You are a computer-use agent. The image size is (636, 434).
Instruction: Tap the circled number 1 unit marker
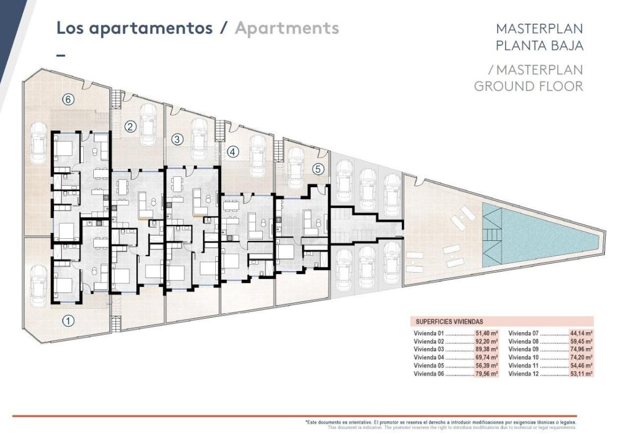(67, 320)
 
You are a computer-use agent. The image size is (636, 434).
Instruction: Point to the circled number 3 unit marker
(178, 140)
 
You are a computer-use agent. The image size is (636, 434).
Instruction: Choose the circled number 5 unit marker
(317, 169)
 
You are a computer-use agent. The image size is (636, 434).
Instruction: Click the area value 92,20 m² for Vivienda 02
(486, 342)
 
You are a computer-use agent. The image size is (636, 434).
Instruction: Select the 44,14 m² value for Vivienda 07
(581, 334)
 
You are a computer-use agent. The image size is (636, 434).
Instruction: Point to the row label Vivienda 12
(524, 374)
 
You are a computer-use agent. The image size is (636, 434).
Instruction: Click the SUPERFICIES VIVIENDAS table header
(449, 322)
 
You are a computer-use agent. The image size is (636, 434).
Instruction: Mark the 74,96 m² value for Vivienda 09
(581, 350)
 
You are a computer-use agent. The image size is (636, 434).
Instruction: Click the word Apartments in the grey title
(287, 28)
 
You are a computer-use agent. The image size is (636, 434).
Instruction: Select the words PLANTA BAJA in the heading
(539, 46)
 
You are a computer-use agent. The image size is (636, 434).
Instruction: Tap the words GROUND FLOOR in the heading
(528, 86)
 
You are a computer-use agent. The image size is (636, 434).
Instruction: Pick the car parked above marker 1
(39, 285)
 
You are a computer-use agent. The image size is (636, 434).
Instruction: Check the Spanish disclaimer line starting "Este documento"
(440, 422)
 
